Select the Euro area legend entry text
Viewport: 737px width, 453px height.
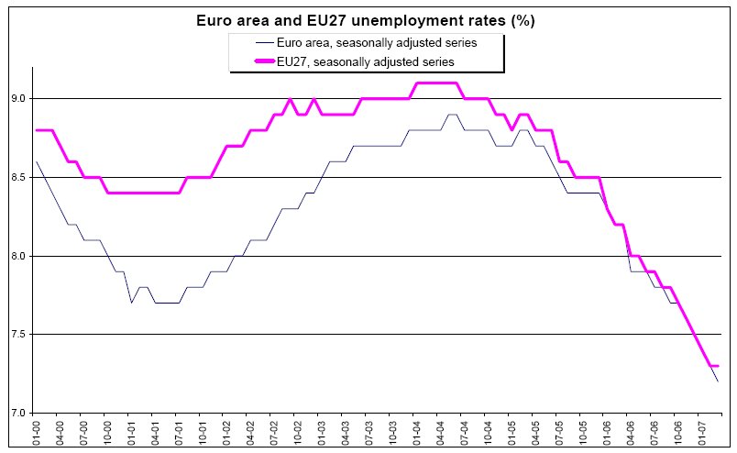(380, 42)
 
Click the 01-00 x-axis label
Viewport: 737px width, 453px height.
(37, 432)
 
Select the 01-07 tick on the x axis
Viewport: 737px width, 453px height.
(699, 432)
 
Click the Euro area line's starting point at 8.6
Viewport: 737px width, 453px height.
(37, 161)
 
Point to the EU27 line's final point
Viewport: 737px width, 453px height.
(716, 366)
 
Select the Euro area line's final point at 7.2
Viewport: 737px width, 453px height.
(716, 381)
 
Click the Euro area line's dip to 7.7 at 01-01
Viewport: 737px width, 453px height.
(131, 303)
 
